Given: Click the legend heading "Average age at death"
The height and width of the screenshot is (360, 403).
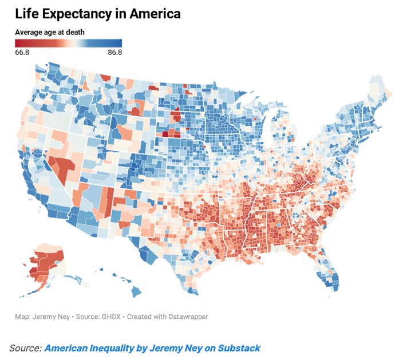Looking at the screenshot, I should (50, 33).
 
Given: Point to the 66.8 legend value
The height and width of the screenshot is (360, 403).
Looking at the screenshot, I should (23, 53).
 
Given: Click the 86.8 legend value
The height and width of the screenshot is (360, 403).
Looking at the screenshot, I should (114, 53).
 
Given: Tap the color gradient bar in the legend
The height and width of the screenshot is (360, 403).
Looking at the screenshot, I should (68, 43).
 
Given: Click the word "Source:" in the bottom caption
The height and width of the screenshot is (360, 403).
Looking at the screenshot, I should (25, 347).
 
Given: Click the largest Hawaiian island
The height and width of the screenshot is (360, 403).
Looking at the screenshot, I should (136, 292).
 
